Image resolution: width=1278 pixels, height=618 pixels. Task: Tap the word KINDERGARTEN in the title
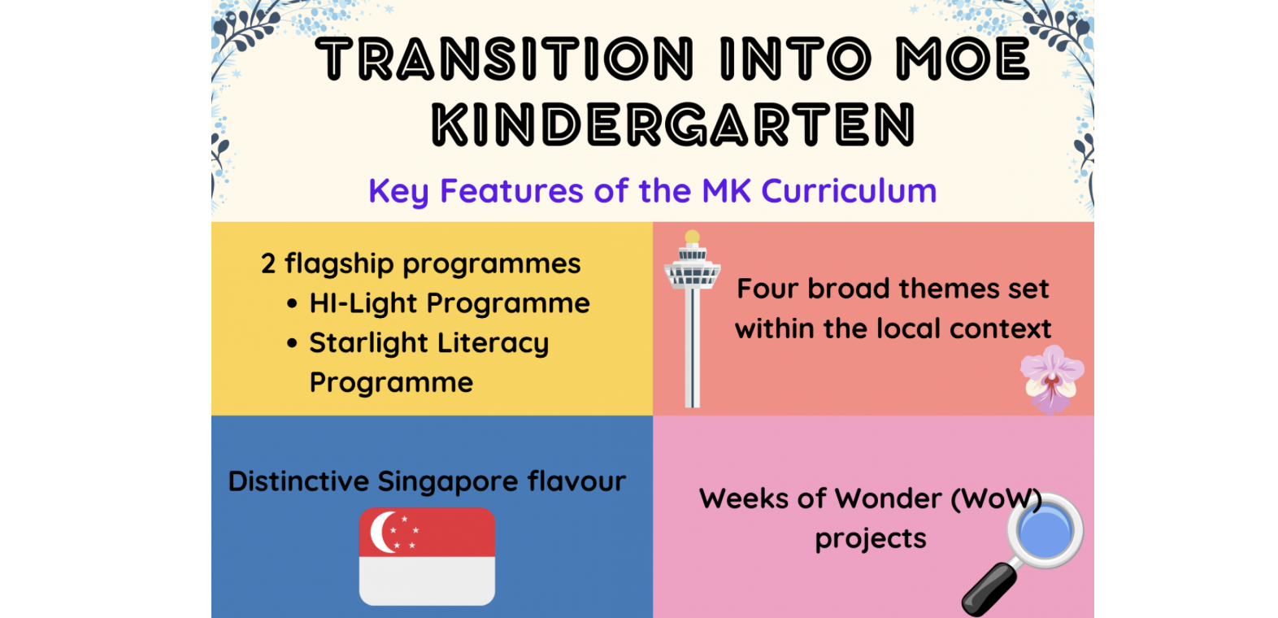(x=674, y=124)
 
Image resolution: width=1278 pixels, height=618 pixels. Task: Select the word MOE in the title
(x=963, y=59)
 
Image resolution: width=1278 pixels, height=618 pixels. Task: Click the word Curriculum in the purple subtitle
(x=849, y=190)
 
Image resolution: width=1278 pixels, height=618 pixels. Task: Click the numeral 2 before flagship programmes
(x=268, y=264)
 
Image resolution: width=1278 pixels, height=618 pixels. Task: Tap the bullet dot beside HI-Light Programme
(x=292, y=303)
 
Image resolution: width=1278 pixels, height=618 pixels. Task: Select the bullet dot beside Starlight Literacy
(x=292, y=343)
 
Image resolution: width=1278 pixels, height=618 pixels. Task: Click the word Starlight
(x=368, y=344)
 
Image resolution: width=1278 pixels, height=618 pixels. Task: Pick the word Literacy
(x=493, y=344)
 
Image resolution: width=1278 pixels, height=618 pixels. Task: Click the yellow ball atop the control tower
(x=692, y=237)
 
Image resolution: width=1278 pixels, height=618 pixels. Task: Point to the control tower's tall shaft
(x=692, y=347)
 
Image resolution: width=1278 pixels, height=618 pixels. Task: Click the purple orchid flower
(x=1051, y=379)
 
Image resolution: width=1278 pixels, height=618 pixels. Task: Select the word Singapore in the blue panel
(x=448, y=482)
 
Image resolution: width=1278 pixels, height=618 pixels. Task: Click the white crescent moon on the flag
(x=381, y=532)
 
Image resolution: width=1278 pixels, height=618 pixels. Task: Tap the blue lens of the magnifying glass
(x=1045, y=531)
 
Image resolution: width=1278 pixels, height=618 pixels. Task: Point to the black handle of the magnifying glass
(x=989, y=590)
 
